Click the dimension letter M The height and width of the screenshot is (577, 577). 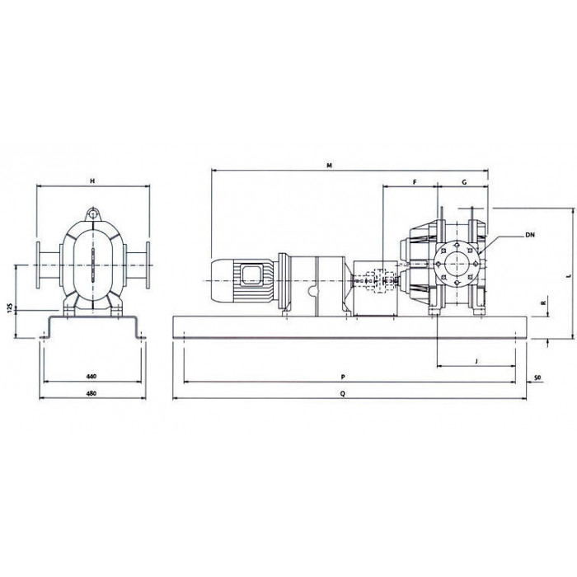pos(330,166)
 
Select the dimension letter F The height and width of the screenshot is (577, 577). pos(415,182)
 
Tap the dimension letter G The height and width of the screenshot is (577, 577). pos(464,182)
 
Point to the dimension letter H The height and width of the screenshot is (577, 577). pos(92,181)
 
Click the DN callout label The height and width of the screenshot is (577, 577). pos(530,235)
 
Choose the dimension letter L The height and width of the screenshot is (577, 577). pos(569,275)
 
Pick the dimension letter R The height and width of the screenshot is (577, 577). pos(542,303)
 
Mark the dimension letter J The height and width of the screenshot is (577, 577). pos(476,361)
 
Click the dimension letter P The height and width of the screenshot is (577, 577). pos(343,377)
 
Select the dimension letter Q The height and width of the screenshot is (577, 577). pos(343,393)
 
